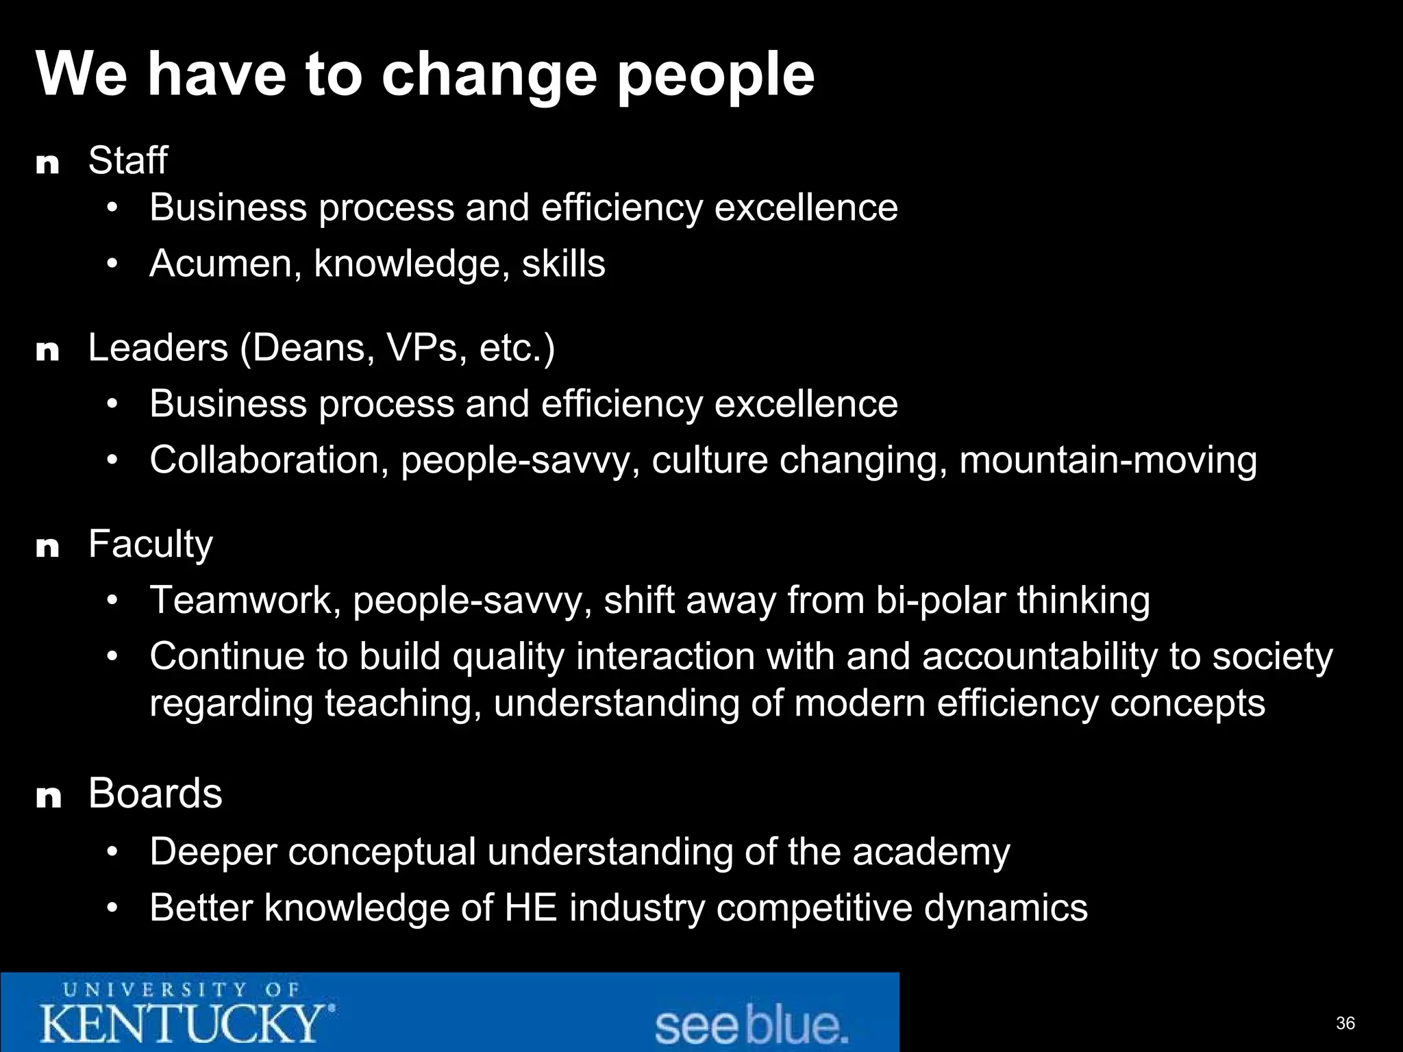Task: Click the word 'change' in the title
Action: [x=488, y=75]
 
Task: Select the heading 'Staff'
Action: [x=127, y=161]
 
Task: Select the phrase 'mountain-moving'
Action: [x=1108, y=460]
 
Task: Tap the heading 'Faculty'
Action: [x=150, y=545]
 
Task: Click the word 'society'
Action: [x=1272, y=657]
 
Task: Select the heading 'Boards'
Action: [x=155, y=794]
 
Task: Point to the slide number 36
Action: [x=1345, y=1023]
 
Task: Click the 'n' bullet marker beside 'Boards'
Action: [x=48, y=797]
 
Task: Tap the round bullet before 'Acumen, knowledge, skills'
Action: [x=113, y=264]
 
